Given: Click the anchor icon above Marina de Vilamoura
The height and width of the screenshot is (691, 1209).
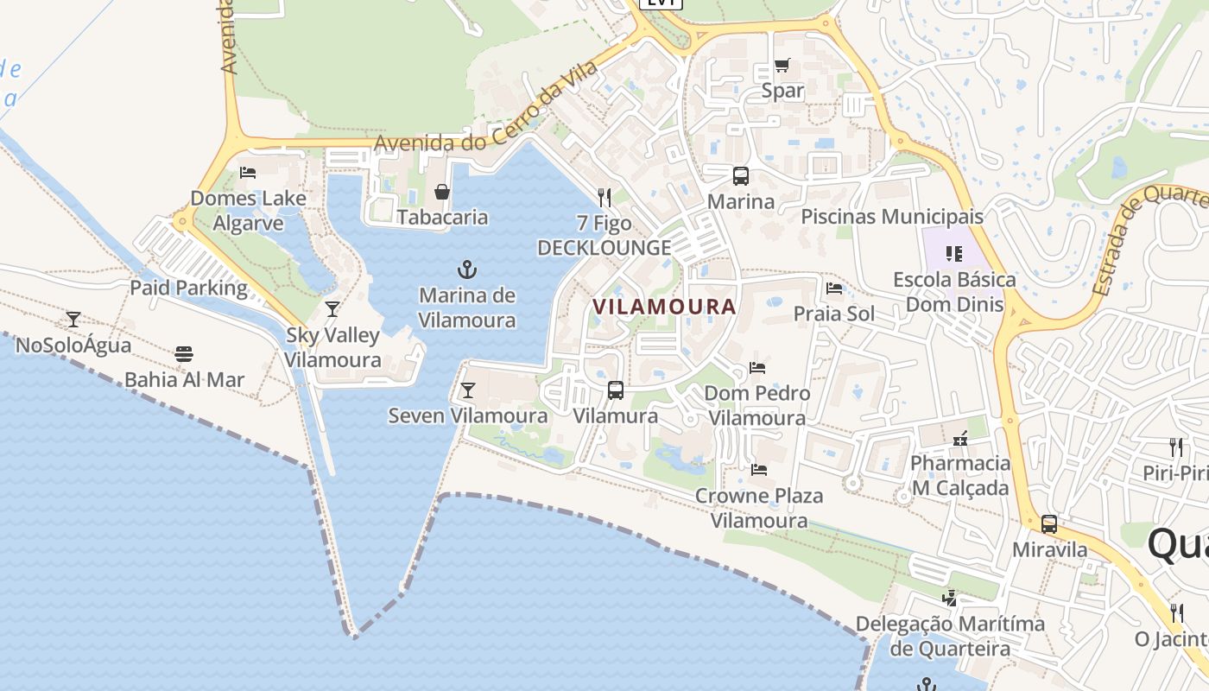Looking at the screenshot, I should (467, 269).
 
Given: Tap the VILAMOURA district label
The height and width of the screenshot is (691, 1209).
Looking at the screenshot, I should (664, 307).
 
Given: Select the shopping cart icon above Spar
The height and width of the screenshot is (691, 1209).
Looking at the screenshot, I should (782, 65).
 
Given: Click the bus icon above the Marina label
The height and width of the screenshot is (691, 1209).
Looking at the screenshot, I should (740, 176).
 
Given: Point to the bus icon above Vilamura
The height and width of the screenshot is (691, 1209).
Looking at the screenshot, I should (615, 390).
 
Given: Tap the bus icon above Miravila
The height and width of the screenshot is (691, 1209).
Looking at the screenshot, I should (1049, 523).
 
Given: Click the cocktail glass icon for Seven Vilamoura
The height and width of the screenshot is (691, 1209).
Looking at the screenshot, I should (467, 390).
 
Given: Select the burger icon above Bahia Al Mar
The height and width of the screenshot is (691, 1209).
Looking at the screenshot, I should (183, 354).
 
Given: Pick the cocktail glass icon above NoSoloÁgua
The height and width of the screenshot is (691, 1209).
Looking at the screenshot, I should (73, 320).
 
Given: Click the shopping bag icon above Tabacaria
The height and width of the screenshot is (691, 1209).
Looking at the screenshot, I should (442, 191).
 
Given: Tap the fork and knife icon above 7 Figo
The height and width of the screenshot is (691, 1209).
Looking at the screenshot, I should (604, 198).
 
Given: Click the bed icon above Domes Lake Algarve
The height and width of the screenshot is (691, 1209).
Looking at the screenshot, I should (248, 172).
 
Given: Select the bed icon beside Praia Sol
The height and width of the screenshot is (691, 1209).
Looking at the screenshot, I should (834, 288).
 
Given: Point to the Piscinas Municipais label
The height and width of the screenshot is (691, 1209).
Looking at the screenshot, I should (892, 216).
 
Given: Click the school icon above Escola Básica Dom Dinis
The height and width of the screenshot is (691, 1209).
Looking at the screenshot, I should (954, 253).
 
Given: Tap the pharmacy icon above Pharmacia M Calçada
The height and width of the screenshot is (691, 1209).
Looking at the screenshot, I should (959, 439).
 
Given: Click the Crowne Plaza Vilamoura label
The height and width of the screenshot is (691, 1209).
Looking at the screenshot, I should (759, 508).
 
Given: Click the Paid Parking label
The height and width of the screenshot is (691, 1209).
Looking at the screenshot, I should (188, 288).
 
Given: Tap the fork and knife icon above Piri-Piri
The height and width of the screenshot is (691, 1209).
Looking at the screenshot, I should (1175, 447).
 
